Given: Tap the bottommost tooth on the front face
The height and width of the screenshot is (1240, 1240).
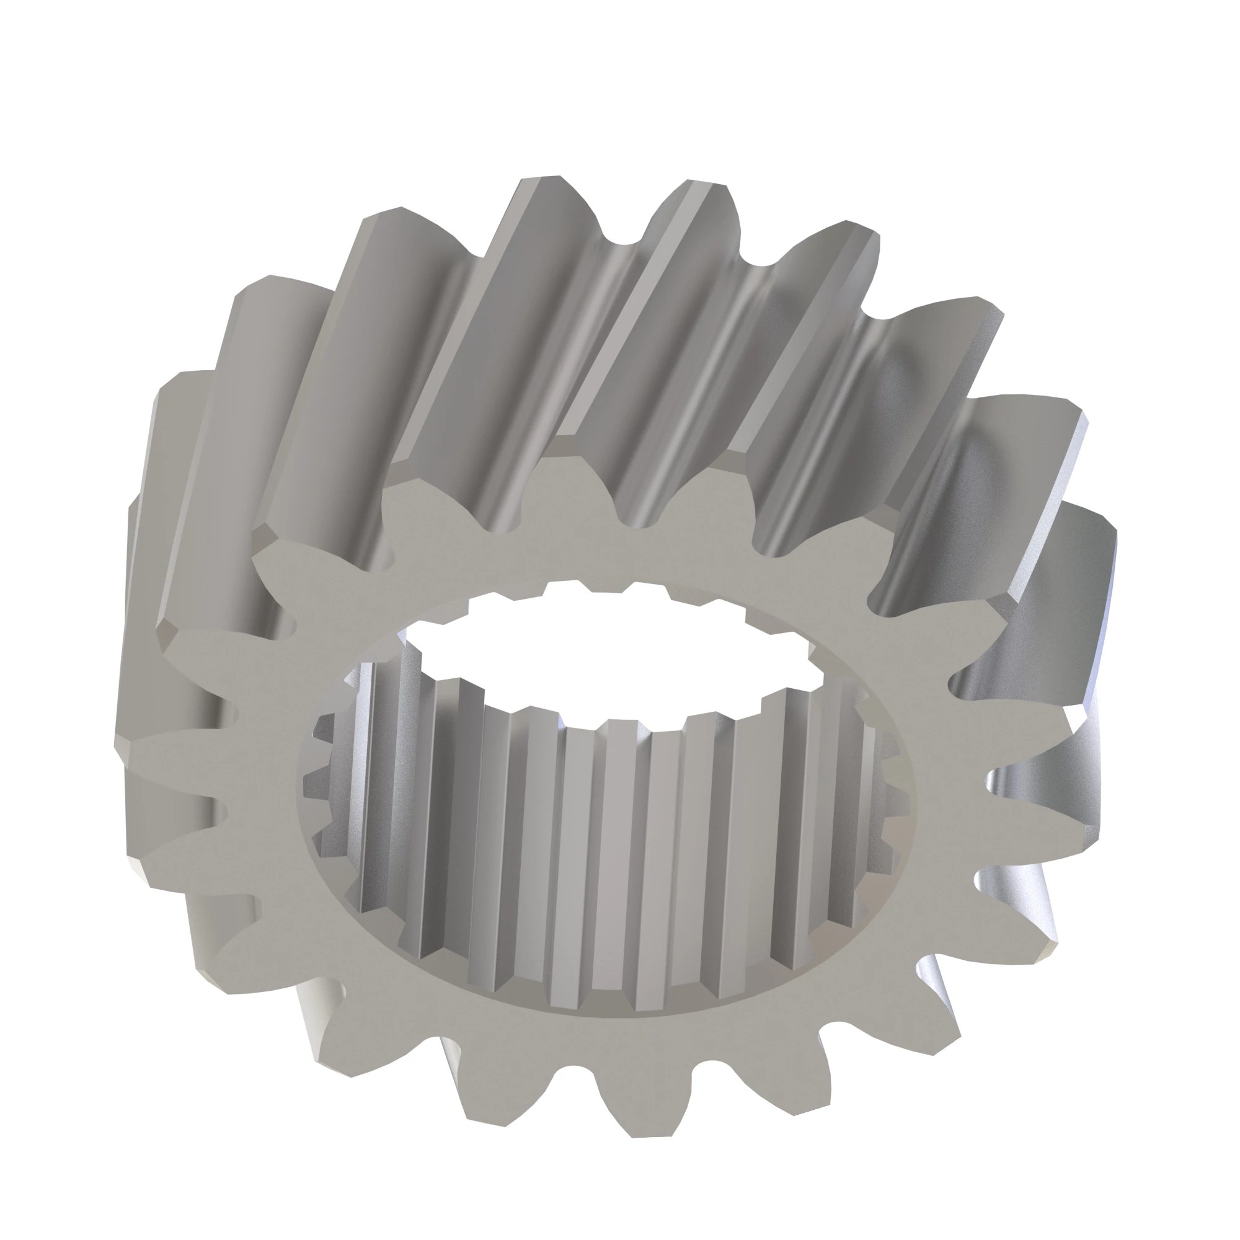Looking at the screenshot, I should [x=652, y=1110].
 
